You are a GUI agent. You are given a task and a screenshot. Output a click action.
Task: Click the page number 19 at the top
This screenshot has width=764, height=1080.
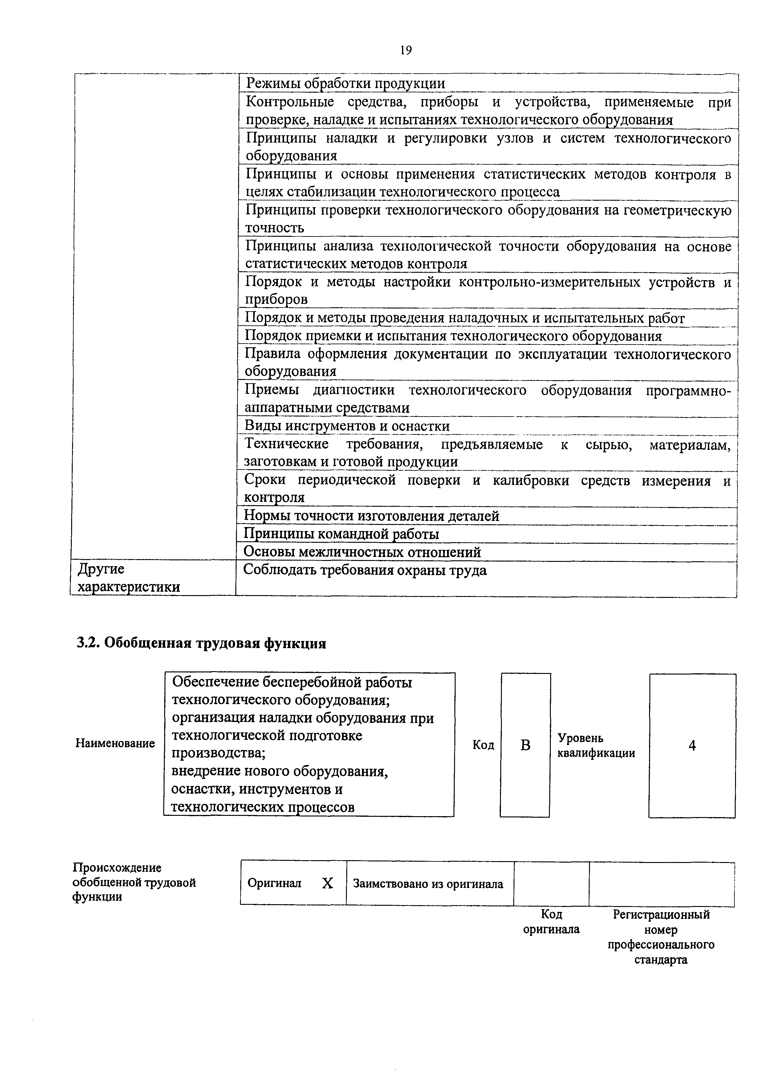coord(406,50)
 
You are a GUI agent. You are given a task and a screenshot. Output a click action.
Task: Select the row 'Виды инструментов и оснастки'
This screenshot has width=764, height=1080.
coord(347,426)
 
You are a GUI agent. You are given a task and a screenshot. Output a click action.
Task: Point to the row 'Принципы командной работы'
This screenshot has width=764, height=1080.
coord(341,534)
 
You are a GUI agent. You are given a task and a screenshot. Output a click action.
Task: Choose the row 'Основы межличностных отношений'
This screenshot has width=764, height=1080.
coord(362,552)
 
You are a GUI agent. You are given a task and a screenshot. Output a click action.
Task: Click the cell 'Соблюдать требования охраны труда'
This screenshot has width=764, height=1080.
coord(365,570)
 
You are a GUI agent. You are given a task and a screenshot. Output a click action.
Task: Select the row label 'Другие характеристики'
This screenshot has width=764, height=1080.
coord(128,578)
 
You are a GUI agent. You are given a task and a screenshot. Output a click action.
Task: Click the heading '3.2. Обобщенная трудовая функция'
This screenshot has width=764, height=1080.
coord(201,643)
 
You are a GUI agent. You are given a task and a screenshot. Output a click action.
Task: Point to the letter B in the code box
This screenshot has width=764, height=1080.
coord(525,745)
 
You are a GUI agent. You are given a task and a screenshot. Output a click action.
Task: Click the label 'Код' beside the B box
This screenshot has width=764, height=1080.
coord(483,745)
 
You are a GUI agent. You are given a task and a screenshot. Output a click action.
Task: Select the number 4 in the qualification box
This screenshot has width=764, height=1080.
coord(692,745)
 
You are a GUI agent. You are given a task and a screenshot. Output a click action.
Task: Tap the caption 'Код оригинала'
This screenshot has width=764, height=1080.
coord(551,922)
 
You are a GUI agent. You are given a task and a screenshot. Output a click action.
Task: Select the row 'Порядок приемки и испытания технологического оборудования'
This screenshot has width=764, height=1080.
coord(453,336)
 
